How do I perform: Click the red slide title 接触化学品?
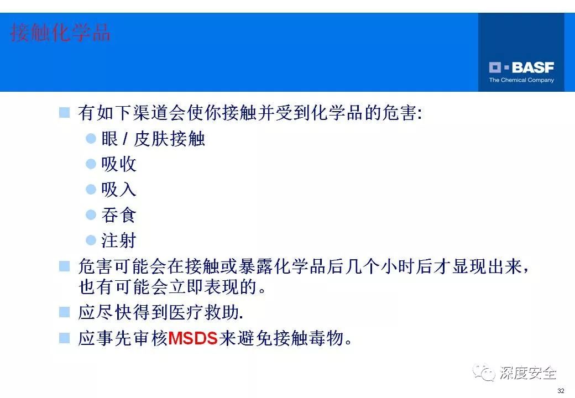60,33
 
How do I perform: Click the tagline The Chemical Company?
521,80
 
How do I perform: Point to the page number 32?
561,391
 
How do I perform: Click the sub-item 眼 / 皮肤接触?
153,139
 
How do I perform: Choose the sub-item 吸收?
119,164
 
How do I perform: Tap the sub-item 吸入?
119,190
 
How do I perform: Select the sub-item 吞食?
119,215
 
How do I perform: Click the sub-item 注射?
119,240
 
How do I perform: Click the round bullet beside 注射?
91,240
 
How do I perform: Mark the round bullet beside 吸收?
91,164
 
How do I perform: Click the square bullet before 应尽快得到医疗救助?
65,312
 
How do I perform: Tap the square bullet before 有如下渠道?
65,113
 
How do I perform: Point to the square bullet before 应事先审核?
65,337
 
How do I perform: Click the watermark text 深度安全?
528,374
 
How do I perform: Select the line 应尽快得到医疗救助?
161,312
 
